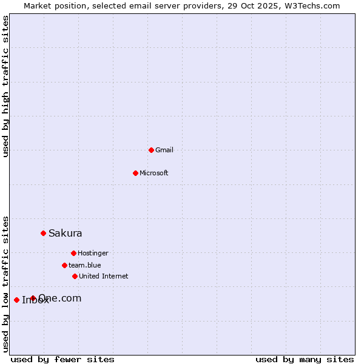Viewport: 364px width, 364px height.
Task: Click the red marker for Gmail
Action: point(151,150)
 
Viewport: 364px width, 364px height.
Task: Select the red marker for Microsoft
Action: point(135,173)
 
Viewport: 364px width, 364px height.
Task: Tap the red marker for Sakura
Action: point(43,233)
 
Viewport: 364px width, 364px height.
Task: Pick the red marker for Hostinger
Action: point(73,253)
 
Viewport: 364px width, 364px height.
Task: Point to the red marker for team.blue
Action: point(64,265)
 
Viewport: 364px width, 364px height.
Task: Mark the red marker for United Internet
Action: point(75,276)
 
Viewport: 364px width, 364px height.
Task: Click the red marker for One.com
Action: point(33,298)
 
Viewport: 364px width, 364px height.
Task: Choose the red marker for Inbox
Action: point(16,300)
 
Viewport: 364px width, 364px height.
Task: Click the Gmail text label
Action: point(164,150)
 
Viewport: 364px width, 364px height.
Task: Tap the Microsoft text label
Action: point(154,173)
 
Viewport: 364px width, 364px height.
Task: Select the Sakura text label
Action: point(66,233)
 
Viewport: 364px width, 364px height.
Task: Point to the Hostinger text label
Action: point(93,253)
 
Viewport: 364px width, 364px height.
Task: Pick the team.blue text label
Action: point(85,265)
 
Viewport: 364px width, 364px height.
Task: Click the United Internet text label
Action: point(104,276)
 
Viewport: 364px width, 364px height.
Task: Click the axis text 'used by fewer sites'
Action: point(62,359)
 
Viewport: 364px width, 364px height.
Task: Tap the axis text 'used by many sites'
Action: point(305,359)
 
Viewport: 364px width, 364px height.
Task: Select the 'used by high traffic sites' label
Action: point(6,86)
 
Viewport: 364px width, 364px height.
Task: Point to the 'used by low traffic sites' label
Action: point(6,283)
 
